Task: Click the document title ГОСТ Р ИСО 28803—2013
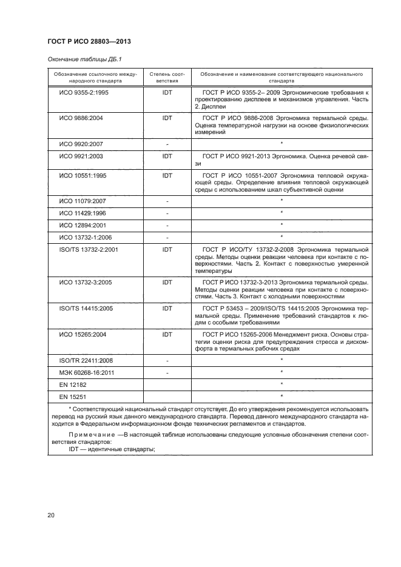[x=89, y=41]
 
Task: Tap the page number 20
[x=50, y=515]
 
